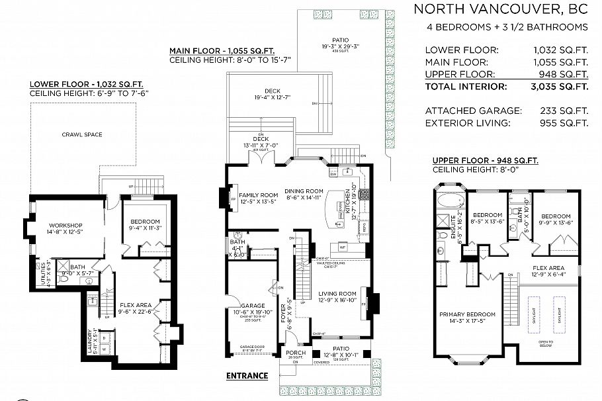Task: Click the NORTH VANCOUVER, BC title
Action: [x=501, y=9]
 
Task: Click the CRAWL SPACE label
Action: [x=82, y=134]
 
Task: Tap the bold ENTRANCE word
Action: [x=247, y=376]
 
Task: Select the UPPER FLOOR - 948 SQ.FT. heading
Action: [x=484, y=161]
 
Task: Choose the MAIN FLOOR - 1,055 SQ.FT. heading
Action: [x=222, y=50]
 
